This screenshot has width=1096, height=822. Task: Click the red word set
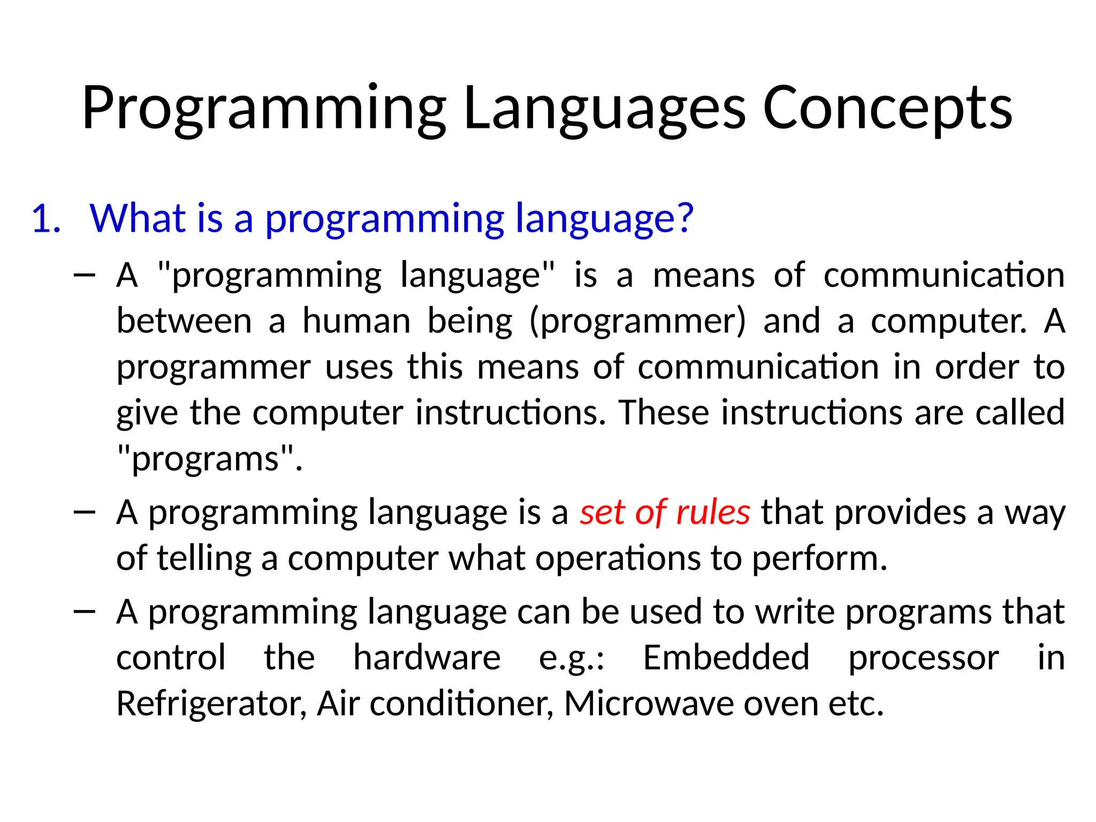[602, 512]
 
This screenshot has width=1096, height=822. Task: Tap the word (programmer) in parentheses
[637, 322]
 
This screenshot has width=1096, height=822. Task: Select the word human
[356, 321]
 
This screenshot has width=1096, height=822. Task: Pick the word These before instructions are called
[664, 413]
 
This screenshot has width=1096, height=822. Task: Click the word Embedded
[726, 658]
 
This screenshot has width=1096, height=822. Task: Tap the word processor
[923, 659]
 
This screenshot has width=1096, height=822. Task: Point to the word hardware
[427, 658]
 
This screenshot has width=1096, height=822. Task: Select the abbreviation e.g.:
[571, 659]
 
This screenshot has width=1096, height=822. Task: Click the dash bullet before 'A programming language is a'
[85, 513]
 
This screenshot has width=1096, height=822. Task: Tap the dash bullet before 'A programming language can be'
[85, 612]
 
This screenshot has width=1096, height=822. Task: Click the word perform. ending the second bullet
[819, 559]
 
